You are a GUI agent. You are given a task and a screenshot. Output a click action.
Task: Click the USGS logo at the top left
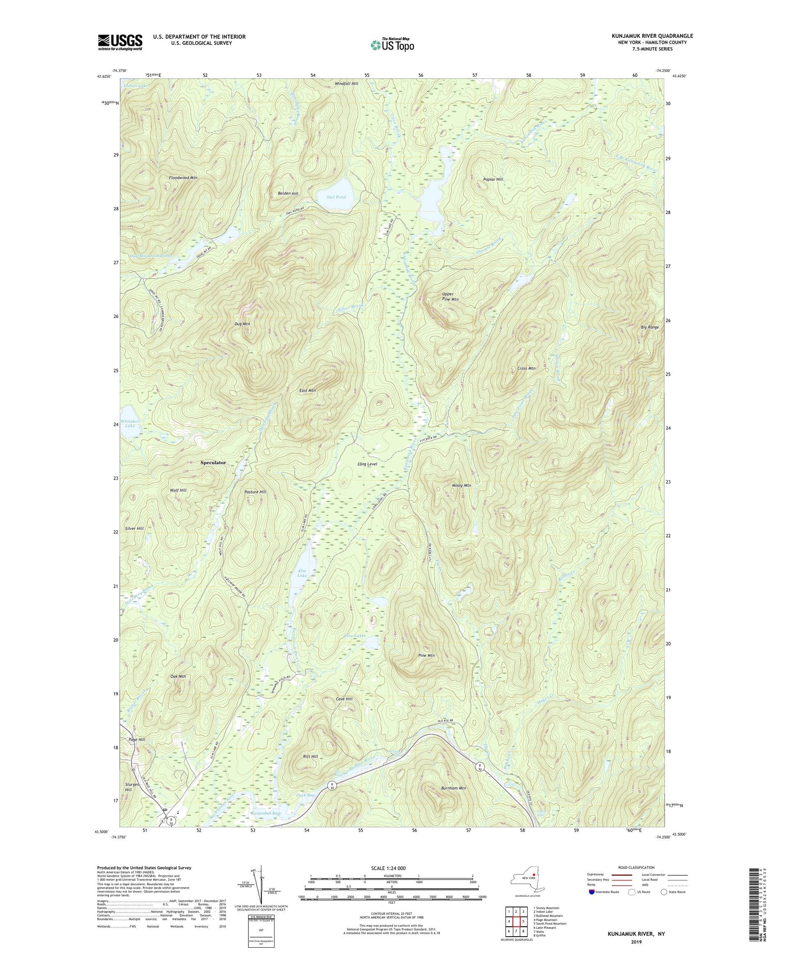(120, 42)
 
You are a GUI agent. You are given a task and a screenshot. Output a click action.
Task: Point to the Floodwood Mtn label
(183, 178)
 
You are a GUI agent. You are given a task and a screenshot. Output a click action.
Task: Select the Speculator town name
(213, 463)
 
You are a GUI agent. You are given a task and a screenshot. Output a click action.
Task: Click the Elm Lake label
(302, 573)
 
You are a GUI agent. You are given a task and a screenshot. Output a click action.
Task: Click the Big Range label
(650, 327)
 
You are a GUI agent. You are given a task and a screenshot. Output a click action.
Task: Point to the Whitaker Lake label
(130, 423)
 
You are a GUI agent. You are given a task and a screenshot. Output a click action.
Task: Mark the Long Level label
(367, 464)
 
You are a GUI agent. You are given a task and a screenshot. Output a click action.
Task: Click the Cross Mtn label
(526, 368)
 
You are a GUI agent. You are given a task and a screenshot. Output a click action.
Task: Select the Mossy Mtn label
(461, 485)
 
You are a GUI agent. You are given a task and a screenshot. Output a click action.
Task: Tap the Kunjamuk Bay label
(266, 813)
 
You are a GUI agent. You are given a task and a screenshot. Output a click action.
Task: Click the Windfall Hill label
(346, 84)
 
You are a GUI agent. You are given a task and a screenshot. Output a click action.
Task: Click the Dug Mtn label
(242, 324)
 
